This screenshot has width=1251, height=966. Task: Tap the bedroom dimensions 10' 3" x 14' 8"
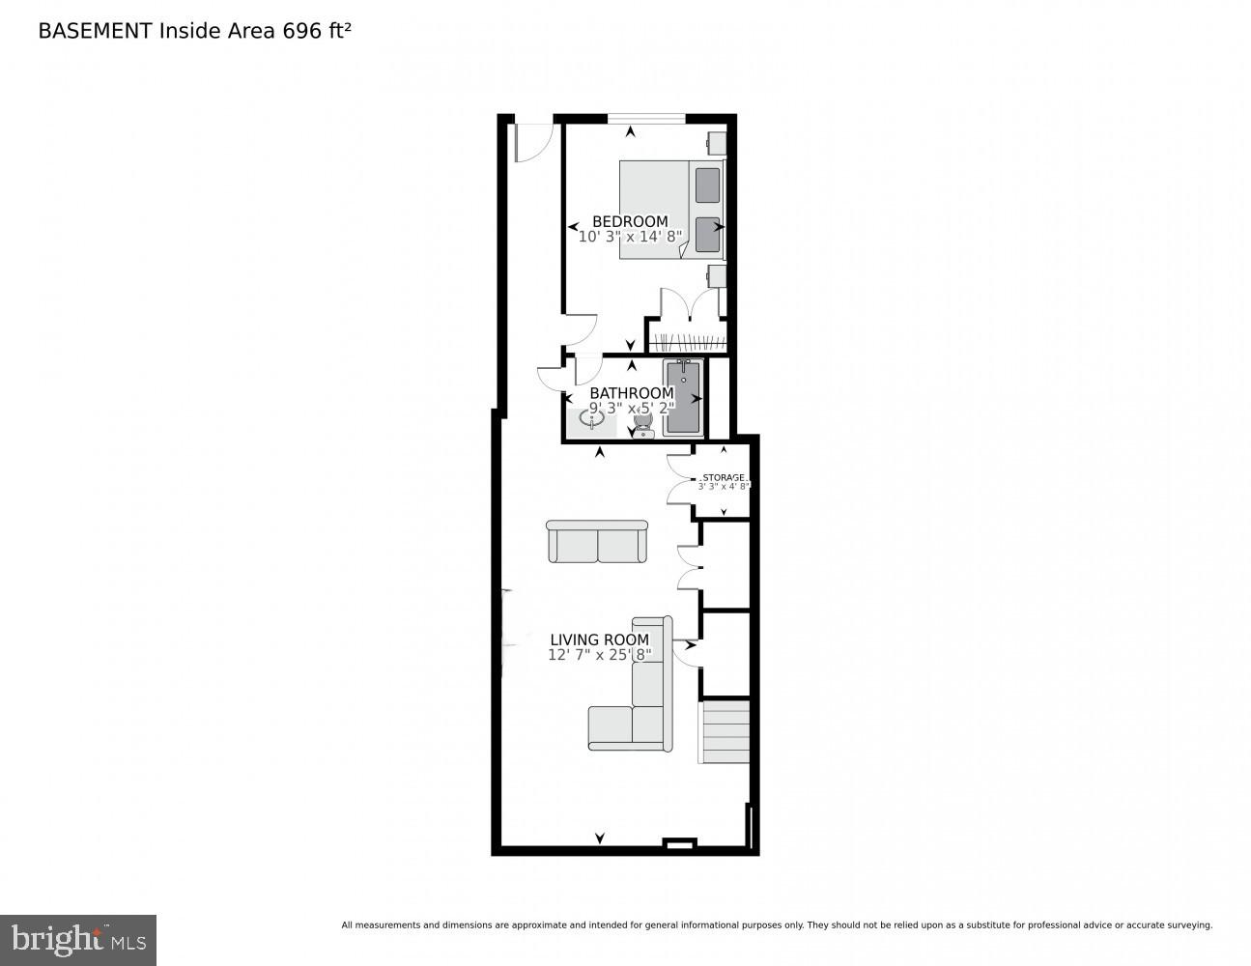[630, 236]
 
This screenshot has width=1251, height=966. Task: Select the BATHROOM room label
[631, 393]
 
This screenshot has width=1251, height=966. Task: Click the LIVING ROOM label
[599, 639]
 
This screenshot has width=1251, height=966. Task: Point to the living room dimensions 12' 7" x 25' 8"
[599, 655]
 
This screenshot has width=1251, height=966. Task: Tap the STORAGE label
[724, 477]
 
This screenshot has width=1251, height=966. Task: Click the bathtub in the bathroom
[684, 396]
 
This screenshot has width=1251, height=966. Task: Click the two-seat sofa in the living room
[597, 542]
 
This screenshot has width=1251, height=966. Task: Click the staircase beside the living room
[725, 732]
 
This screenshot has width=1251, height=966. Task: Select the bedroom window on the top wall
[646, 119]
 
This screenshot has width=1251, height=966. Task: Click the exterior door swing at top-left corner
[530, 140]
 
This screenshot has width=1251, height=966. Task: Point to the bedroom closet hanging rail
[688, 340]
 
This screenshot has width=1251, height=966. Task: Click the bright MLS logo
[78, 940]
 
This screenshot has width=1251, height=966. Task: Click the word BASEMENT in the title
[95, 30]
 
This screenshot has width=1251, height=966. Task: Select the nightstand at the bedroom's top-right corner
[717, 143]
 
